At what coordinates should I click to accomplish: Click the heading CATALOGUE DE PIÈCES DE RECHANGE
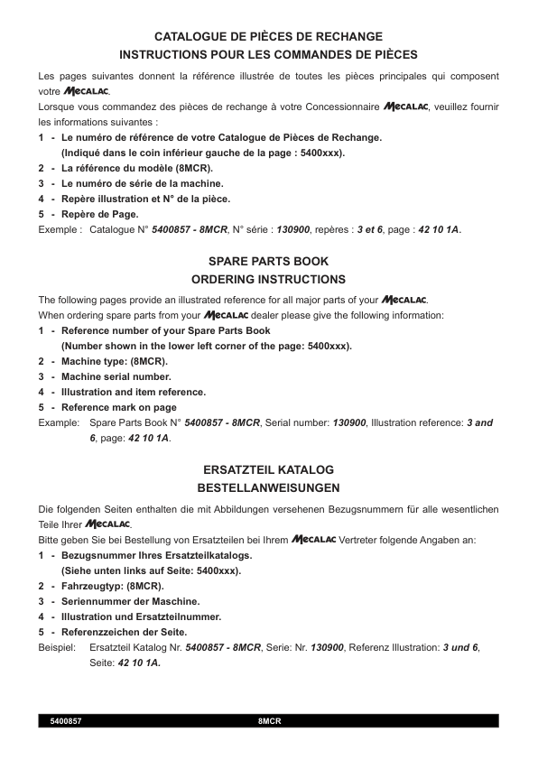coord(268,37)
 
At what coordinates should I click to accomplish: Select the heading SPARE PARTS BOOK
coord(268,261)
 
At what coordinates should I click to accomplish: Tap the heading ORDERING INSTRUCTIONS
coord(268,280)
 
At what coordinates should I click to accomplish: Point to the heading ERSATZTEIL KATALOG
coord(268,470)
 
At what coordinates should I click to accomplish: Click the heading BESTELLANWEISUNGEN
coord(268,488)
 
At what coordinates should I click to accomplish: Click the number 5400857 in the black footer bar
coord(67,721)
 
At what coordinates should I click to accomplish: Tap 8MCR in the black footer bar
coord(270,721)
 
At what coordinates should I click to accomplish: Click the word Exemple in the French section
coord(59,229)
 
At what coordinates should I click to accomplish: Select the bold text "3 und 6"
coord(460,647)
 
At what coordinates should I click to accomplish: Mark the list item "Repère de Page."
coord(99,214)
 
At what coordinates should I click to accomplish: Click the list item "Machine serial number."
coord(116,376)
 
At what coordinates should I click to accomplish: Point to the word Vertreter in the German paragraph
coord(362,540)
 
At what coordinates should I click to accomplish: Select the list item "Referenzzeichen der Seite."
coord(124,632)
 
